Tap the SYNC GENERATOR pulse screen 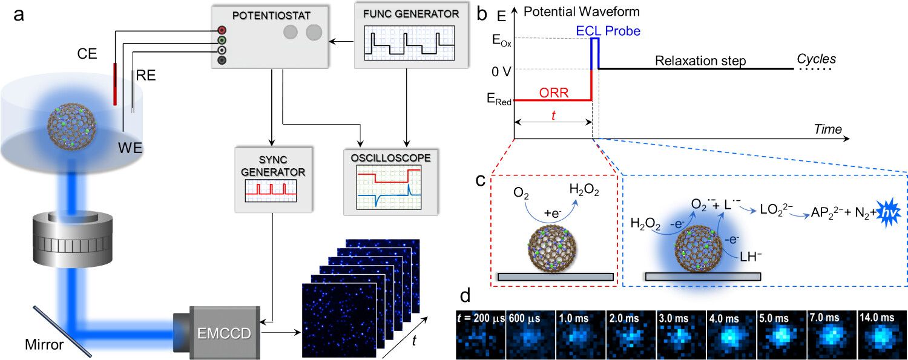[271, 189]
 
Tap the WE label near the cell [130, 147]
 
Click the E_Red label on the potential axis [497, 100]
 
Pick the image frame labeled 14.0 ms [882, 335]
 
